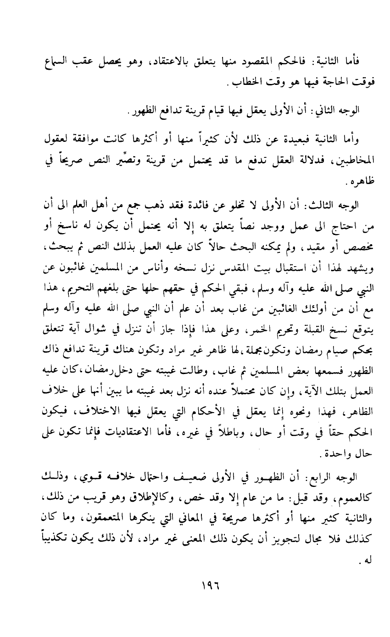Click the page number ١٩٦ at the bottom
point(195,600)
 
